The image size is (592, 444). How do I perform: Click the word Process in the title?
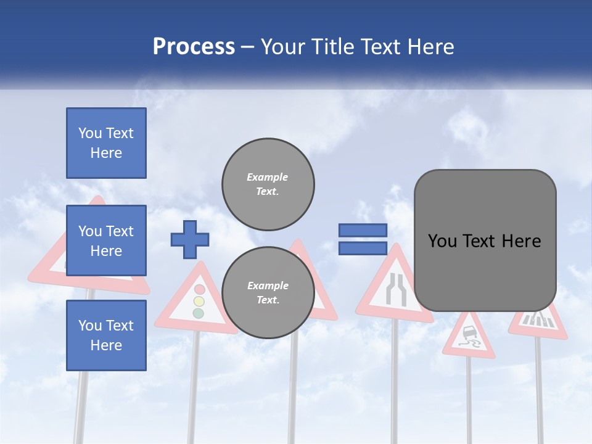pos(194,47)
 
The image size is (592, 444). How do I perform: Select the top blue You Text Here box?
pos(106,143)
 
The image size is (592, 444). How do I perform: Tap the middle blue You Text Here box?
pos(106,240)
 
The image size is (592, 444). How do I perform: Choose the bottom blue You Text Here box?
pos(106,335)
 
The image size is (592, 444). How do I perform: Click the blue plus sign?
pos(190,239)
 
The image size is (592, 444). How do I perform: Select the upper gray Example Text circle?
pos(268,184)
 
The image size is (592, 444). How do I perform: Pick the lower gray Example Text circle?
pos(268,292)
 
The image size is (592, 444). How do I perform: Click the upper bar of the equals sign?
pos(363,230)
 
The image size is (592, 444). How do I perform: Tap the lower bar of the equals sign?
pos(363,249)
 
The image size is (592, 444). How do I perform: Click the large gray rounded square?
pos(485,240)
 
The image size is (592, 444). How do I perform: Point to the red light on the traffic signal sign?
pos(199,289)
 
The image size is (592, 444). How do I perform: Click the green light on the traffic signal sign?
pos(198,313)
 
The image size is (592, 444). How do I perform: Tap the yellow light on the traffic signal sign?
pos(199,302)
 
